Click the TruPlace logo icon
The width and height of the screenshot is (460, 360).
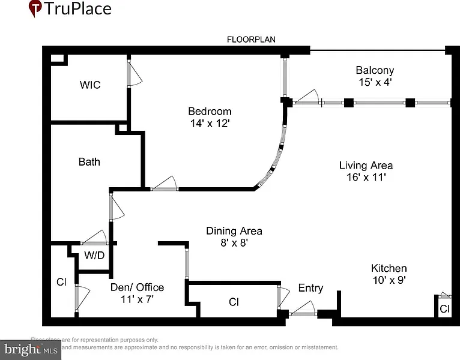pyautogui.click(x=35, y=8)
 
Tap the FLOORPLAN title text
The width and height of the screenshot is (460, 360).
pyautogui.click(x=250, y=40)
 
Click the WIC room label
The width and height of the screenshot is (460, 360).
pyautogui.click(x=90, y=85)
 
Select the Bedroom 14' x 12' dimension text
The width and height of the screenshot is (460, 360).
pyautogui.click(x=210, y=123)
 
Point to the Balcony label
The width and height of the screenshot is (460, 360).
pyautogui.click(x=375, y=70)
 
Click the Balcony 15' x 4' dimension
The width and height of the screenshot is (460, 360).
pyautogui.click(x=375, y=82)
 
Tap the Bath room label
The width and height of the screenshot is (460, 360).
pyautogui.click(x=89, y=161)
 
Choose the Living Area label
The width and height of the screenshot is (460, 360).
pyautogui.click(x=366, y=165)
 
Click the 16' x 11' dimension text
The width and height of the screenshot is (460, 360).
pyautogui.click(x=366, y=177)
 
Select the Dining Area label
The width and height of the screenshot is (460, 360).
pyautogui.click(x=234, y=230)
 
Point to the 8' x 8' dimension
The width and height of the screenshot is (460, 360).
pyautogui.click(x=234, y=242)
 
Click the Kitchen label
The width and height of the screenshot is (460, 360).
pyautogui.click(x=389, y=268)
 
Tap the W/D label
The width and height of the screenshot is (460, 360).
pyautogui.click(x=94, y=255)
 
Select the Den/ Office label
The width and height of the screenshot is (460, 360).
pyautogui.click(x=137, y=287)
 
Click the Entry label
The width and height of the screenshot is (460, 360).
pyautogui.click(x=310, y=288)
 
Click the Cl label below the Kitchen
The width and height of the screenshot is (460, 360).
pyautogui.click(x=444, y=309)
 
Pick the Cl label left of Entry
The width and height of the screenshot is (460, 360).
pyautogui.click(x=234, y=302)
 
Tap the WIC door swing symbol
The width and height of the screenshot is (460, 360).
pyautogui.click(x=135, y=73)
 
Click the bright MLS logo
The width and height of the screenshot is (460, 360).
pyautogui.click(x=31, y=348)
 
